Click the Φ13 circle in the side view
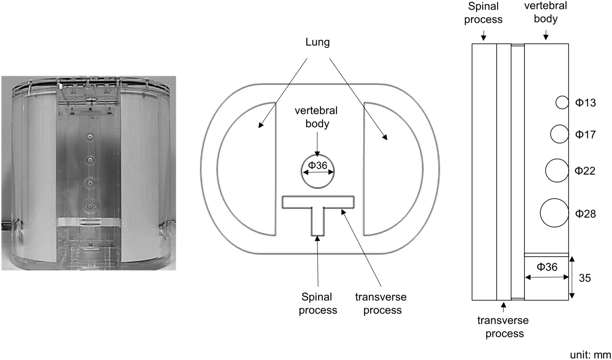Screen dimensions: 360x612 (x=562, y=102)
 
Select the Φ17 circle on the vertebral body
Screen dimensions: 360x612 (x=559, y=134)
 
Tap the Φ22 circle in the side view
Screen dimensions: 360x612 (x=557, y=170)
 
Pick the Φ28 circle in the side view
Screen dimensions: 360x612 (x=554, y=213)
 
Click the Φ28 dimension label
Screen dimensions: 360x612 (x=585, y=214)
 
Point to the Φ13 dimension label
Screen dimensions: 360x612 (x=585, y=103)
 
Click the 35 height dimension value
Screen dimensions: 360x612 (x=585, y=278)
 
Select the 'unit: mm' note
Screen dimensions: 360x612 (x=590, y=354)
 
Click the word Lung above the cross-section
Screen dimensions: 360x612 (x=317, y=42)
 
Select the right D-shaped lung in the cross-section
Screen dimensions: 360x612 (x=391, y=169)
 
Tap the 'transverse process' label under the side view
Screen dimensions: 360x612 (x=503, y=327)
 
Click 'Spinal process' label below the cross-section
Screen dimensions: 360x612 (x=317, y=303)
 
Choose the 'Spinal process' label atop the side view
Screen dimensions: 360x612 (x=483, y=13)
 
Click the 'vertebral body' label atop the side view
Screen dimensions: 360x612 (x=545, y=12)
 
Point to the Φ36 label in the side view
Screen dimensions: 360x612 (x=547, y=267)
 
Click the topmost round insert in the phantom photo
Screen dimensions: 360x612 (x=90, y=138)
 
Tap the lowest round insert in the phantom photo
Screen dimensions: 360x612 (x=90, y=207)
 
